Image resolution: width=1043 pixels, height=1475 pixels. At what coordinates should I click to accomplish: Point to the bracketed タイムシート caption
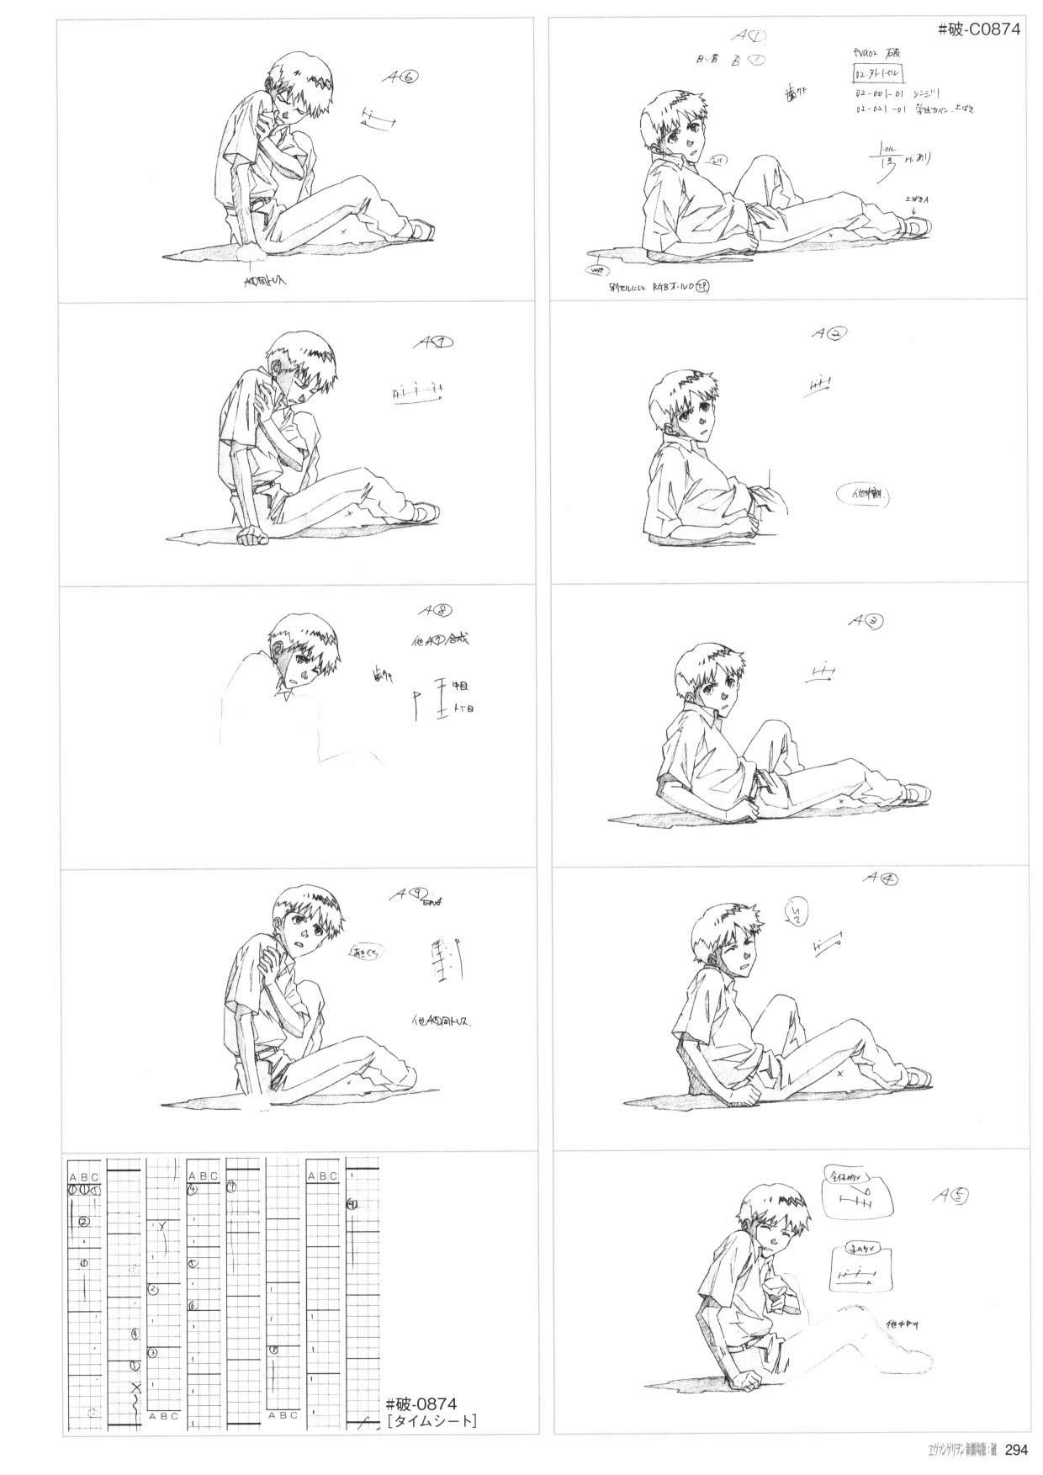(431, 1422)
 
